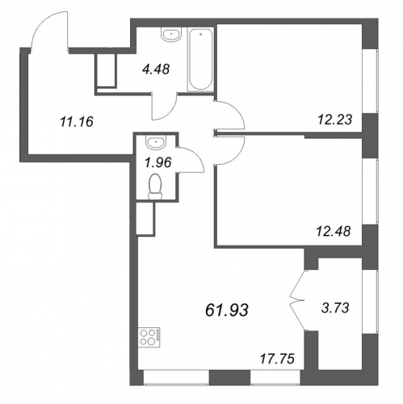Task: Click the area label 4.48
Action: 156,69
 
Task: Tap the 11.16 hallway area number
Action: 77,122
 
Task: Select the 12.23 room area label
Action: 334,120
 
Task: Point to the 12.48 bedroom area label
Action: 334,231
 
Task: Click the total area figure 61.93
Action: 227,310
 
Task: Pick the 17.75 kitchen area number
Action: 277,359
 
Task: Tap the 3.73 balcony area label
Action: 335,308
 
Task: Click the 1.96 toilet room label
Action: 158,162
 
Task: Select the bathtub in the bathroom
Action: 200,60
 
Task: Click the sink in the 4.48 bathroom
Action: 171,35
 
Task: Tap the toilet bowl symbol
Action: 155,187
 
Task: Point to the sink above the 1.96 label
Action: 156,142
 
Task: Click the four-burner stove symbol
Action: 149,337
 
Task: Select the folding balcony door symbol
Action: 297,300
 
